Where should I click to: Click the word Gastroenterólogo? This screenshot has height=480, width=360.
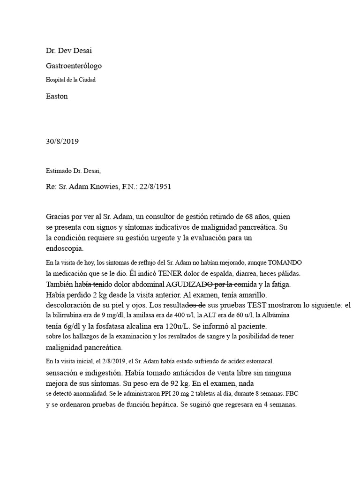pyautogui.click(x=74, y=66)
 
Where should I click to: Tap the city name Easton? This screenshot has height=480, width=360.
pyautogui.click(x=57, y=96)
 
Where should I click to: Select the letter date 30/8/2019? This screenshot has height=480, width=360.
pyautogui.click(x=66, y=141)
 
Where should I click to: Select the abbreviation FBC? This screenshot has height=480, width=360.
pyautogui.click(x=292, y=393)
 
